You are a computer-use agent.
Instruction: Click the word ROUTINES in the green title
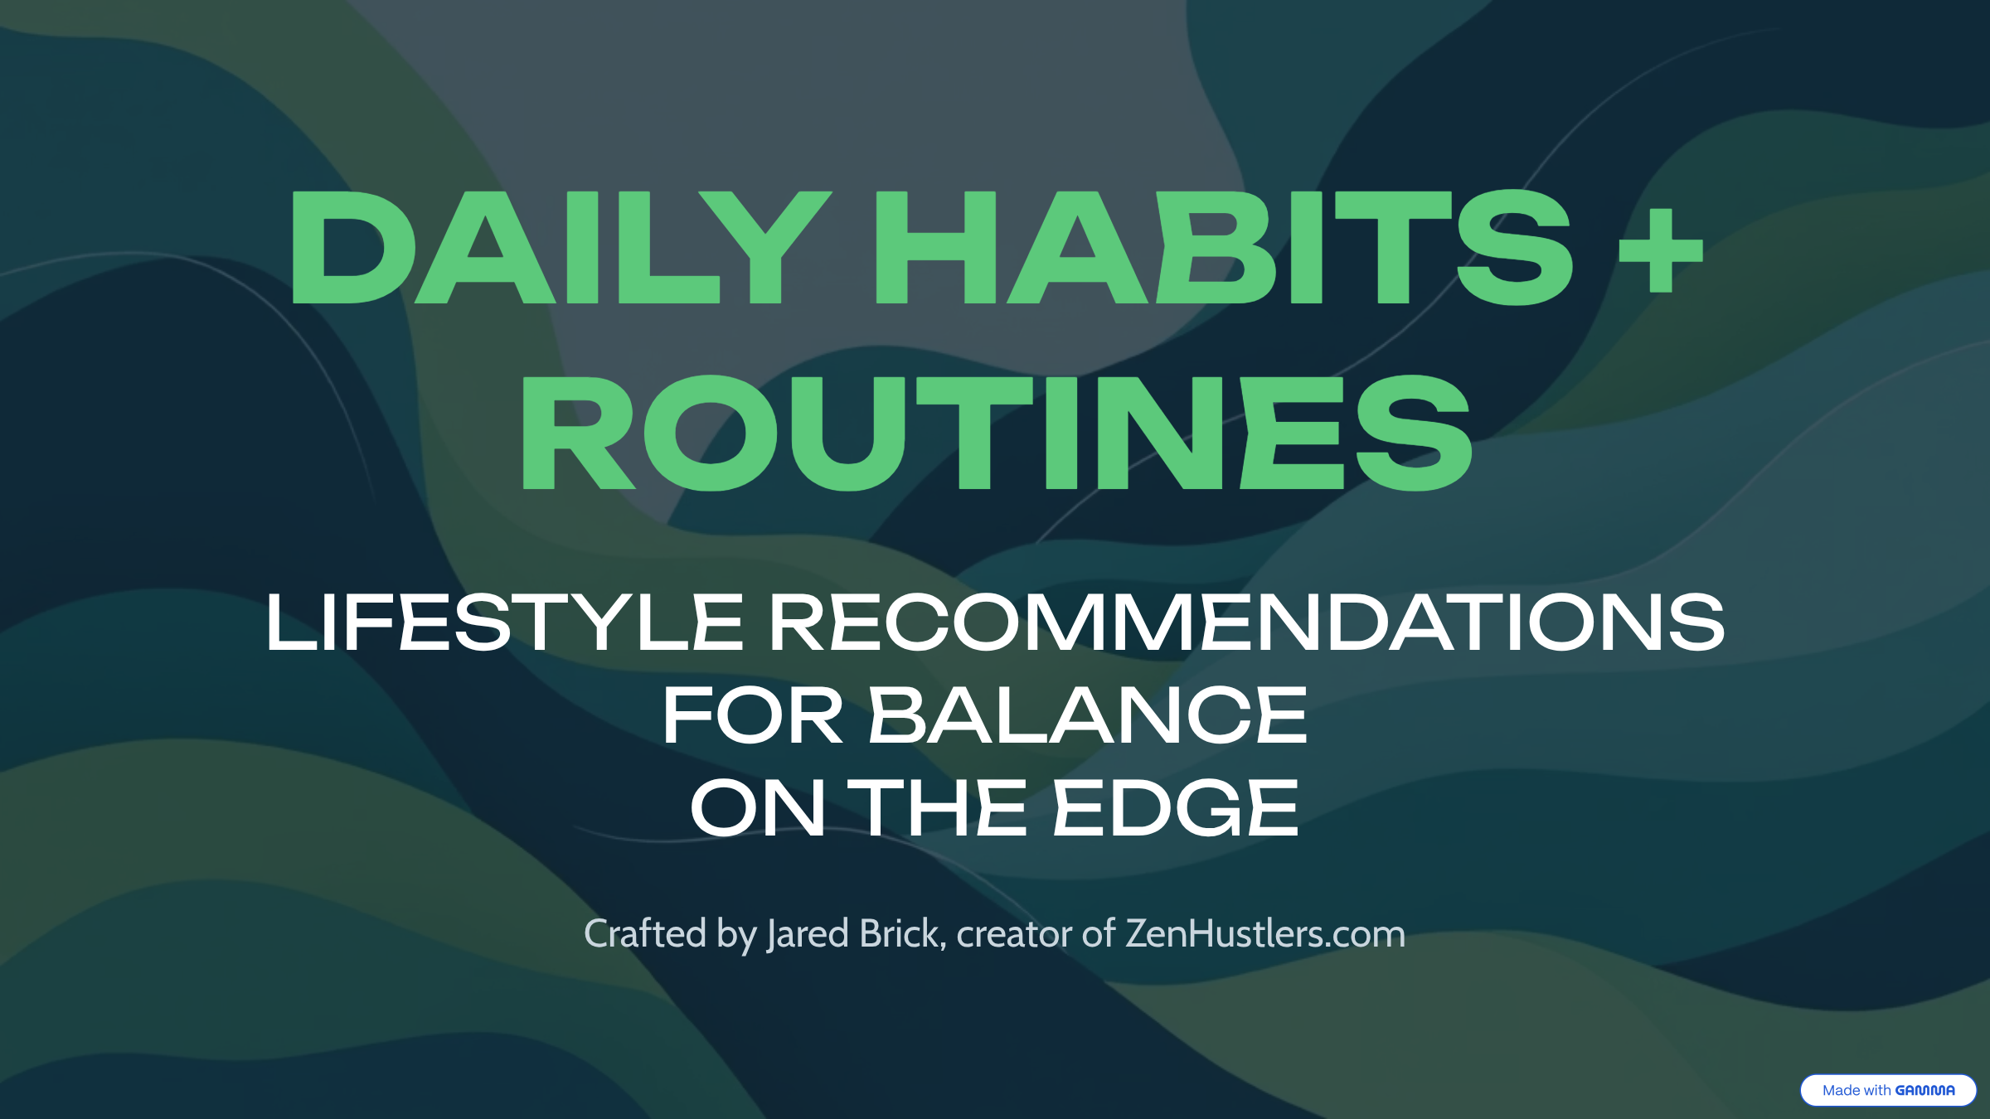(996, 433)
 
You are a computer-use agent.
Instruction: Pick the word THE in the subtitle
(937, 808)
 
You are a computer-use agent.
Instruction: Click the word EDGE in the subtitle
(1176, 808)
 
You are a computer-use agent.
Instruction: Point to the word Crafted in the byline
(645, 933)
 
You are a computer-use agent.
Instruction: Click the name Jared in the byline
(808, 933)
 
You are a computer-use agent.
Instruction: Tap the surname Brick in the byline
(900, 933)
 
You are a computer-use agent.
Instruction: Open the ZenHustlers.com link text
(1265, 933)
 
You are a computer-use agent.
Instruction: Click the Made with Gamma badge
(1888, 1090)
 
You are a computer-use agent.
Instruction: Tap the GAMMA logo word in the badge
(1924, 1090)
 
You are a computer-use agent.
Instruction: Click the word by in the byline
(736, 935)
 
